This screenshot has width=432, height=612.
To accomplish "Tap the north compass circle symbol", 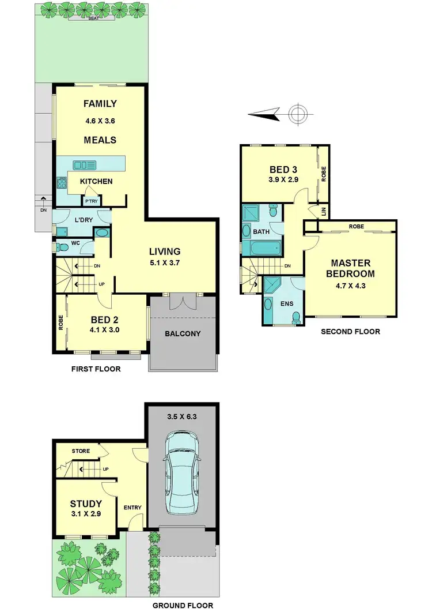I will [x=298, y=114].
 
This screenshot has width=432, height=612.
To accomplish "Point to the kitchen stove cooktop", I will [x=62, y=184].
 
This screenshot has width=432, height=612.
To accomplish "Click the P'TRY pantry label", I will [x=90, y=201].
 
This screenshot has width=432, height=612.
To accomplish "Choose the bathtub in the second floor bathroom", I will [x=262, y=249].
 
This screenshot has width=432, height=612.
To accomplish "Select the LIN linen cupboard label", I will [x=323, y=212].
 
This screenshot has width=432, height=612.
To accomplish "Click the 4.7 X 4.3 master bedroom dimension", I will [x=350, y=285].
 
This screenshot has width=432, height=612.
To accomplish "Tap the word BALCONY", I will [x=182, y=333].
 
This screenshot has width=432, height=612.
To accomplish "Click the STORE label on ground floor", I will [x=81, y=451].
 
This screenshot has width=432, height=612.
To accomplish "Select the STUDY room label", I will [x=86, y=504].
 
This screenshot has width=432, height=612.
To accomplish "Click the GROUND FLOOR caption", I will [x=182, y=605].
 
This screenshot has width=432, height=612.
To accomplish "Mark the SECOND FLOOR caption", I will [x=350, y=332].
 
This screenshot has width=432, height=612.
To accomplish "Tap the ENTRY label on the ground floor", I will [x=132, y=508].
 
